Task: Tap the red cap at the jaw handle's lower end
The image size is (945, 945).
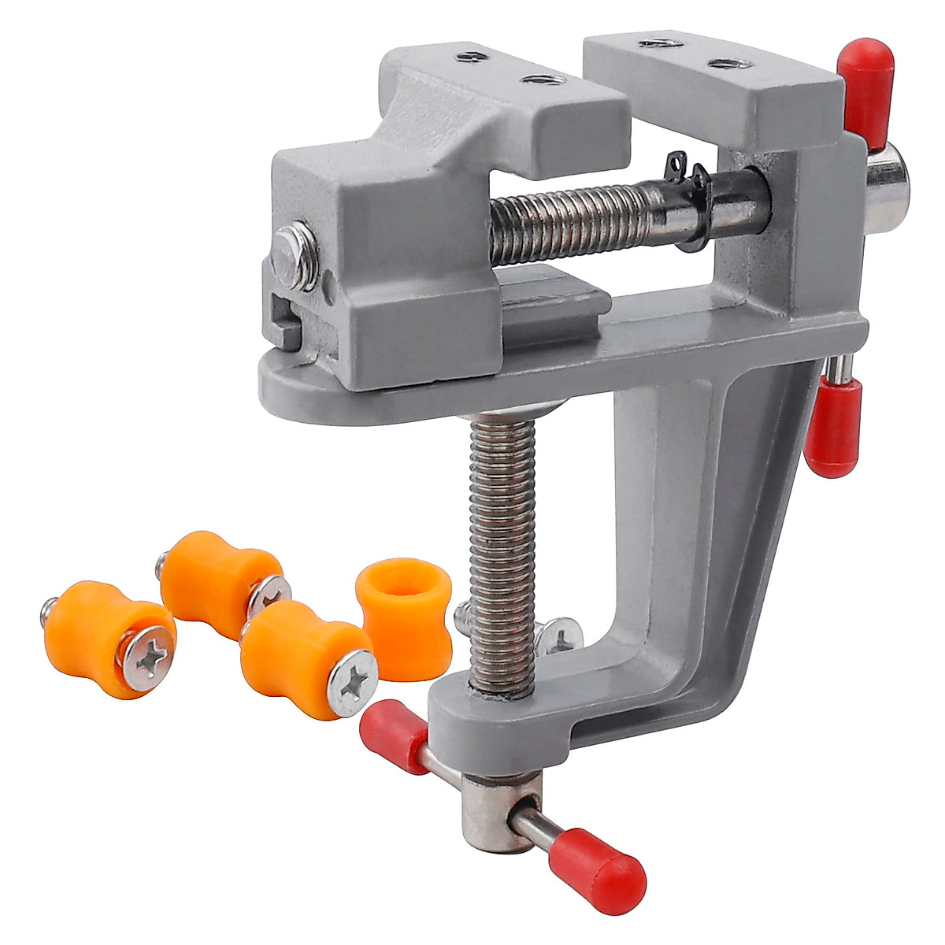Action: click(832, 429)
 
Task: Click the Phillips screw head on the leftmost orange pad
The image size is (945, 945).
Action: click(147, 658)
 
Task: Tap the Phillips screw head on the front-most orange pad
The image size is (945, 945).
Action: click(353, 682)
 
